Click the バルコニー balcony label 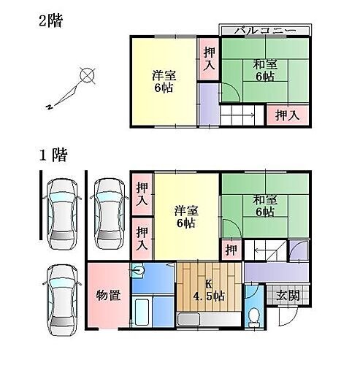coord(266,31)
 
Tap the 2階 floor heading coord(51,20)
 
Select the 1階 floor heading coord(53,155)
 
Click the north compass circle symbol coord(88,75)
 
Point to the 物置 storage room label coord(108,296)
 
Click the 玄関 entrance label coord(288,296)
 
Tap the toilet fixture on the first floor coord(254,318)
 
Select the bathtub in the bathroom coord(142,312)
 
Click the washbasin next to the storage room coord(138,270)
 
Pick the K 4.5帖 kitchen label coord(209,291)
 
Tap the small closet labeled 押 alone coord(231,250)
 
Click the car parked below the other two coord(62,301)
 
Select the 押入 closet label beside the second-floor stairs coord(288,115)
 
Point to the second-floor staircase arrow coord(238,115)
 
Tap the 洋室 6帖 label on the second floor coord(164,82)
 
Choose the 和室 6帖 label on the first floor coord(265,206)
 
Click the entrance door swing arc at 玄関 coord(289,316)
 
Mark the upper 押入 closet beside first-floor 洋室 coord(142,194)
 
